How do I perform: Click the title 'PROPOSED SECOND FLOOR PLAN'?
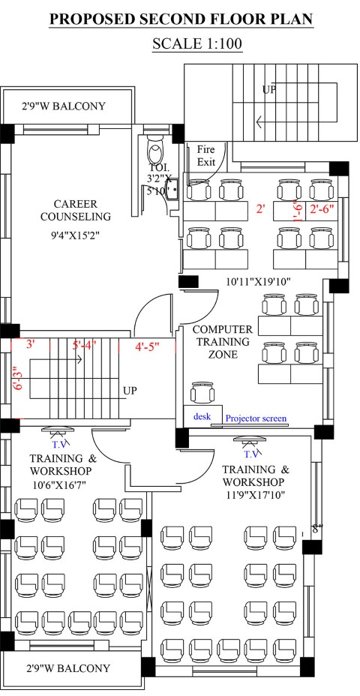(181, 19)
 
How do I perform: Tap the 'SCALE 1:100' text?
(197, 44)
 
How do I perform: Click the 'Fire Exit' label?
(206, 156)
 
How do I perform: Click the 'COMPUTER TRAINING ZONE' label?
(222, 342)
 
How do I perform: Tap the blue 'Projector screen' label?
(256, 418)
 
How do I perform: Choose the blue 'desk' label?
(202, 417)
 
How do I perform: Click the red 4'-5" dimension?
(147, 345)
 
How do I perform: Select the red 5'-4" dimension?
(84, 344)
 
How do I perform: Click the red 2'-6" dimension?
(322, 208)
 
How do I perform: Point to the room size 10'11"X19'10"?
(258, 281)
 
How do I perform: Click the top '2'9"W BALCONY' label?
(64, 106)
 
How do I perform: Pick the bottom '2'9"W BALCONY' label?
(67, 668)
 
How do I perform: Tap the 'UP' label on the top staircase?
(269, 89)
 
